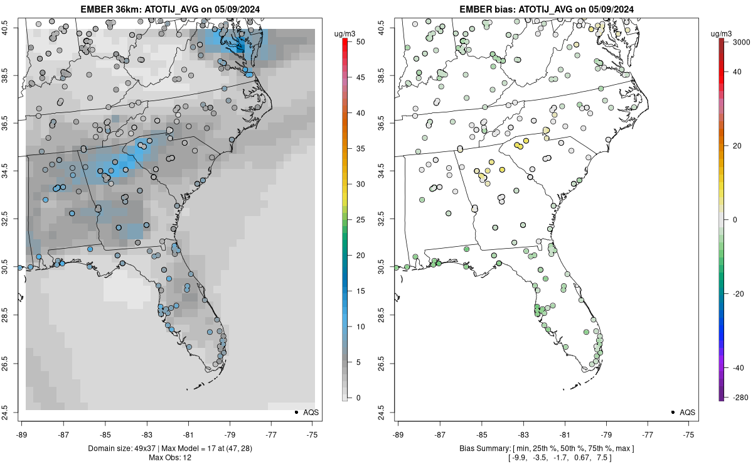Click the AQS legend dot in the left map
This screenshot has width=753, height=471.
point(296,412)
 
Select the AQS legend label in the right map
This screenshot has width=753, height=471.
point(688,412)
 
